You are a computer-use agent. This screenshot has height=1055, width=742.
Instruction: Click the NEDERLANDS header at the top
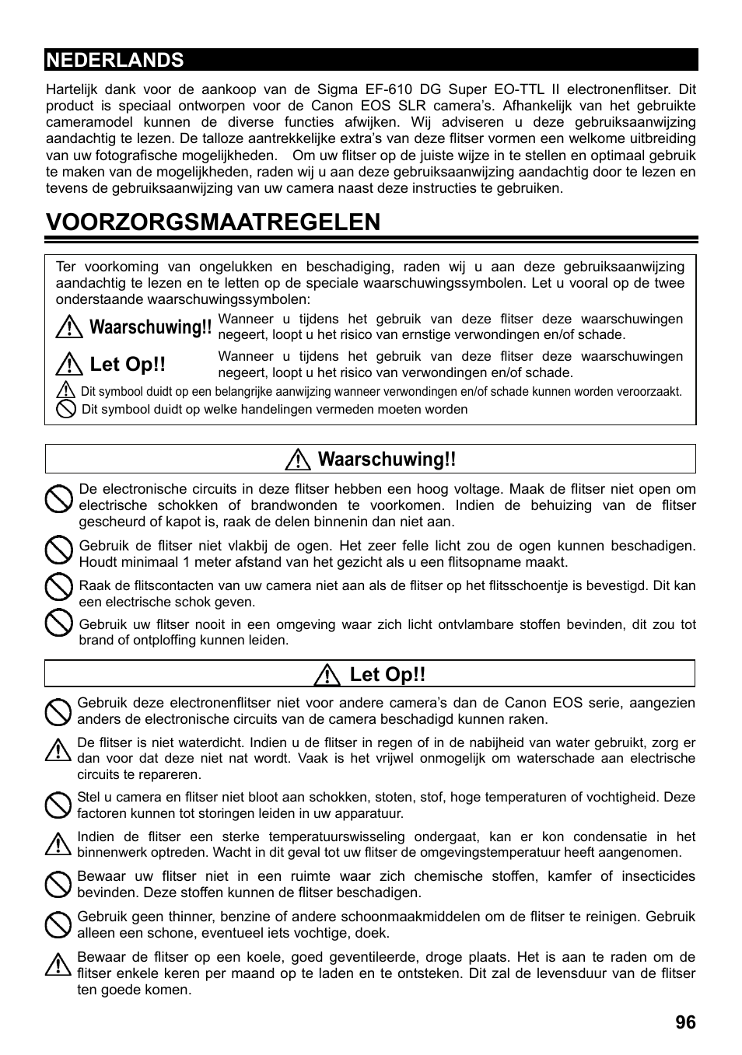tap(115, 60)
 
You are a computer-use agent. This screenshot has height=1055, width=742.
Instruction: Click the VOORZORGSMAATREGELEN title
tap(213, 222)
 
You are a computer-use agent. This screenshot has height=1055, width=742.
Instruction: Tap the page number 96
tap(685, 1022)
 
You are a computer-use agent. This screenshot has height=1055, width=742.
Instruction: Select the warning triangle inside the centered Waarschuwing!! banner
tap(298, 460)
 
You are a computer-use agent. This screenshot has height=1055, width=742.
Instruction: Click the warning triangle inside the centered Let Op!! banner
tap(328, 675)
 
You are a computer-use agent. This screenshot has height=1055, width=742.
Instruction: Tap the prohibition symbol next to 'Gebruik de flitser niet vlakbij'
tap(58, 551)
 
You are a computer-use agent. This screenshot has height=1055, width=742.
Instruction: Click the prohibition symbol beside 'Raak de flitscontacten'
tap(58, 588)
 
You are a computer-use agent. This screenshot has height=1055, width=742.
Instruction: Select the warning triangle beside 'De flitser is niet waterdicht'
tap(57, 750)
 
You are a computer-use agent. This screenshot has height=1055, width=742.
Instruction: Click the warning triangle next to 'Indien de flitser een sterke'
tap(57, 843)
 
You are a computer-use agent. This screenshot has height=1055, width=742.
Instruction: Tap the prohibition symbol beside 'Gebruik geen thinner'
tap(57, 924)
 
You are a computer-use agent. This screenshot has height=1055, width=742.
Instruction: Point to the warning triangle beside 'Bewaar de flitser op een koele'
tap(57, 965)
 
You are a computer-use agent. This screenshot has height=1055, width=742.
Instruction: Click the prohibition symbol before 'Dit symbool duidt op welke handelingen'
tap(66, 409)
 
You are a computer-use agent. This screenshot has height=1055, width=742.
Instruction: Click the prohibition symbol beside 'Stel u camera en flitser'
tap(57, 805)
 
